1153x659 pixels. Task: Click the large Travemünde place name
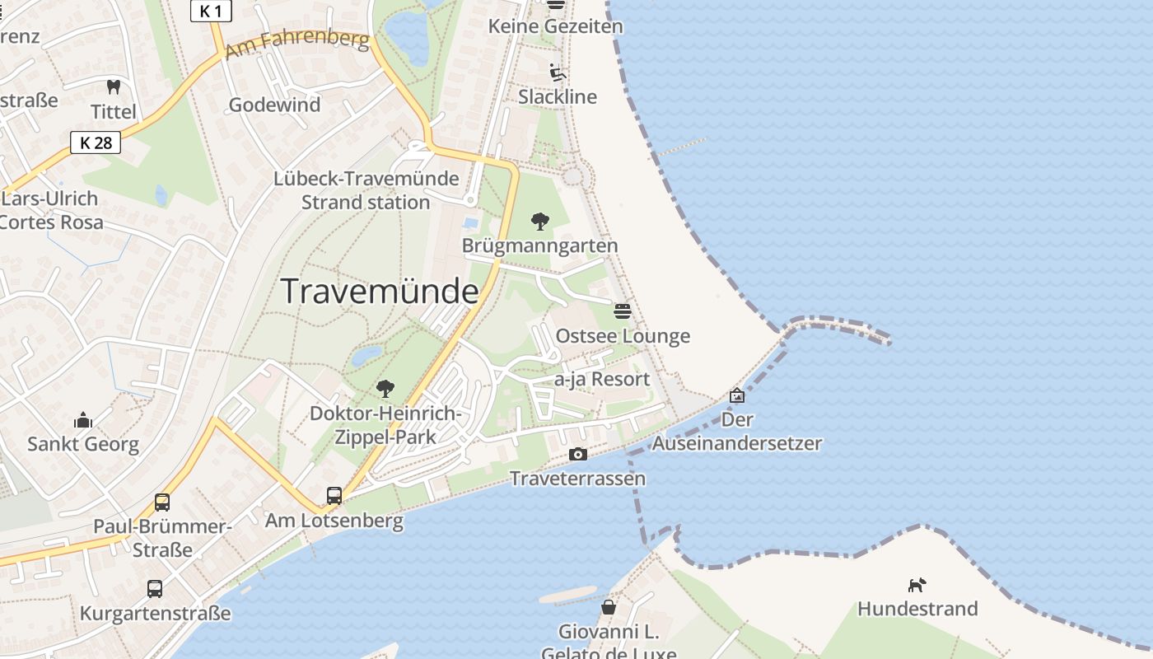click(380, 292)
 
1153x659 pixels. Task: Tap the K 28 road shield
click(96, 143)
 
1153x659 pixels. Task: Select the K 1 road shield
click(211, 11)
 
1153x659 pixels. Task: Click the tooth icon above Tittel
click(114, 86)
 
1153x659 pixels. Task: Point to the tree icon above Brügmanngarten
click(540, 221)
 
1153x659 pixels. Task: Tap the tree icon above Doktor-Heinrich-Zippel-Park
click(385, 389)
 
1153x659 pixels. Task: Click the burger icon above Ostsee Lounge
click(623, 311)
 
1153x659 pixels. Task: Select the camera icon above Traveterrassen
click(577, 454)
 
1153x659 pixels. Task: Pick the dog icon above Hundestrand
click(917, 585)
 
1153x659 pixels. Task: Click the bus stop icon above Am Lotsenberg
click(334, 496)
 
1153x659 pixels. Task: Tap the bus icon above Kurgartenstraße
click(155, 589)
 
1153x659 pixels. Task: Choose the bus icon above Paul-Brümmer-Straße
click(162, 502)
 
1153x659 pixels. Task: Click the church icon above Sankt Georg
click(83, 421)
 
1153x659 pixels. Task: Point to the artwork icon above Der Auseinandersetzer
click(737, 395)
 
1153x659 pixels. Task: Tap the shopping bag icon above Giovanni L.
click(608, 607)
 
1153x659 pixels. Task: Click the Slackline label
click(558, 97)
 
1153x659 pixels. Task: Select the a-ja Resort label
click(602, 379)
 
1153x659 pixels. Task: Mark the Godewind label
click(274, 105)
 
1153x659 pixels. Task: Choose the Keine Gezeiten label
click(556, 26)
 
